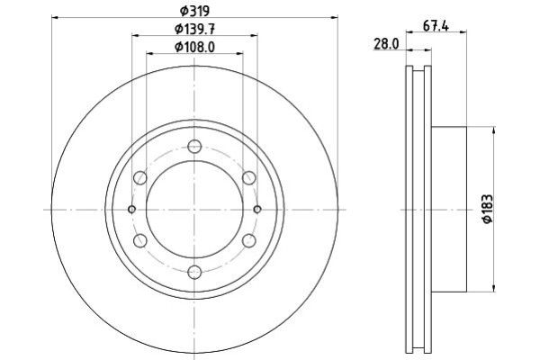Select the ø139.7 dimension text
click(x=194, y=30)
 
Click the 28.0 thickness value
click(x=386, y=43)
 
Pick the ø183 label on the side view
click(x=488, y=210)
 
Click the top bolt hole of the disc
click(x=194, y=147)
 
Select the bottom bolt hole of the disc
click(x=194, y=273)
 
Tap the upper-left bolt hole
click(x=140, y=178)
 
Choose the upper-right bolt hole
click(x=249, y=178)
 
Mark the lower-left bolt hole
click(x=140, y=241)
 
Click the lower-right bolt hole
click(x=249, y=241)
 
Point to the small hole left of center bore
click(x=132, y=210)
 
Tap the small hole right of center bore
click(x=257, y=210)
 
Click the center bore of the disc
click(x=194, y=210)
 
